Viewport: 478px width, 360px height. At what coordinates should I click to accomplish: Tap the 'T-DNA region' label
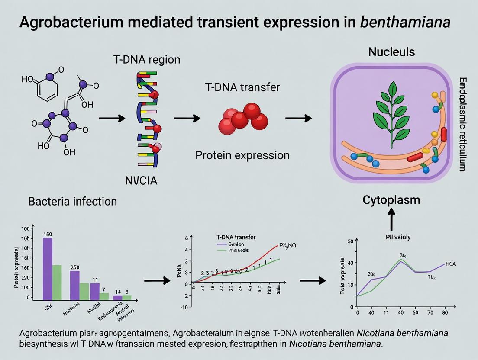(147, 60)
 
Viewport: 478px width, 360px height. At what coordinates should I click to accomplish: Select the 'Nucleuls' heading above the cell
(391, 52)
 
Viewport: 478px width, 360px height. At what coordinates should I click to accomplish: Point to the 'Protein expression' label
(242, 155)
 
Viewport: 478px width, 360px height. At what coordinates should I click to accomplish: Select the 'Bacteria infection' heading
(72, 201)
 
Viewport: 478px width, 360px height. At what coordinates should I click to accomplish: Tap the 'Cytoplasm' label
(391, 200)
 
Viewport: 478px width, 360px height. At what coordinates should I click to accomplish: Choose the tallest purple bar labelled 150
(48, 268)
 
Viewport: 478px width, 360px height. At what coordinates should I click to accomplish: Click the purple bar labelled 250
(74, 285)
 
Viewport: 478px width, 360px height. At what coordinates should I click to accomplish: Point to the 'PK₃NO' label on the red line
(287, 246)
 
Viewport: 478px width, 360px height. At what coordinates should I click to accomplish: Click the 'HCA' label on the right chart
(450, 264)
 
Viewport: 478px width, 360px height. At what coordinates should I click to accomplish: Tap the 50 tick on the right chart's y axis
(351, 241)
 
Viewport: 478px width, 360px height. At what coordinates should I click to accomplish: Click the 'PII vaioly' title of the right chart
(398, 237)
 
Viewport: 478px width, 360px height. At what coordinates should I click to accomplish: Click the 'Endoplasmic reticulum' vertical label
(462, 124)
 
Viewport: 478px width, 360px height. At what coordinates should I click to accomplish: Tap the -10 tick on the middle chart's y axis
(184, 307)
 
